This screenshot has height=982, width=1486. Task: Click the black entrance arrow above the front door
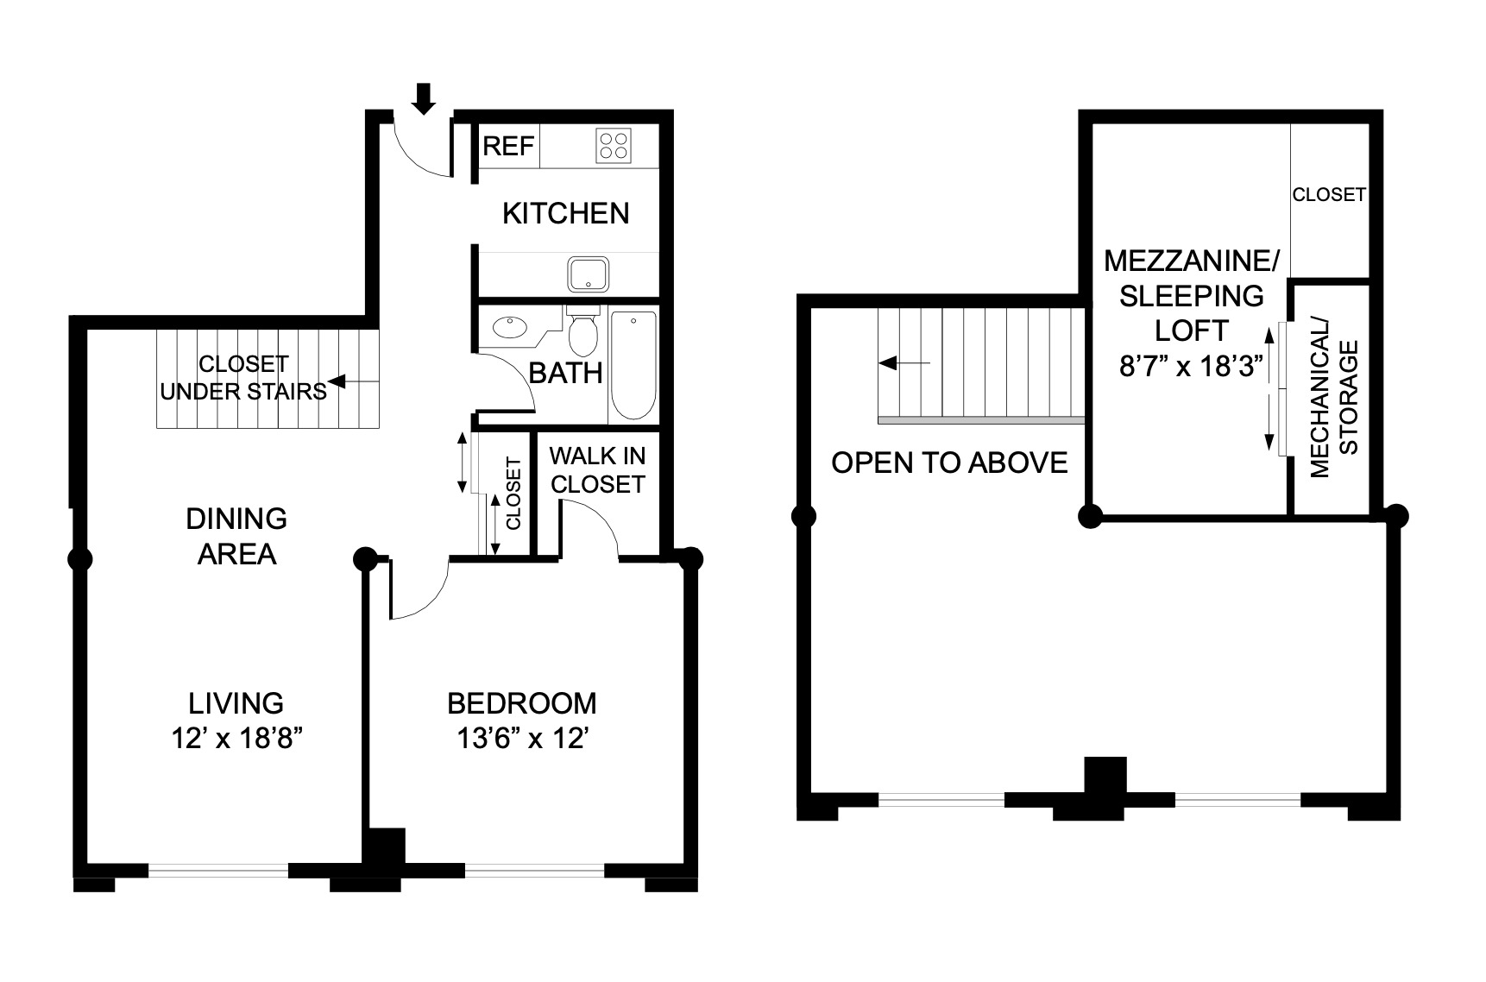point(423,98)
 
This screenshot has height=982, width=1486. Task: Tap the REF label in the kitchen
point(508,146)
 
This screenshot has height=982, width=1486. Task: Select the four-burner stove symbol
point(613,145)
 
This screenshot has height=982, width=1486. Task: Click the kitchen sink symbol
point(589,274)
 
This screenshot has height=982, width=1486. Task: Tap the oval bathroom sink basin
point(509,327)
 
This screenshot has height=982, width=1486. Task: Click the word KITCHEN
point(565,213)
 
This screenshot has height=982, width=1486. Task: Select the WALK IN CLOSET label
point(597,470)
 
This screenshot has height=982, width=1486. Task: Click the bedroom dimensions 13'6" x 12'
point(521,739)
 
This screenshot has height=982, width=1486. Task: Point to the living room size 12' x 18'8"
point(236,739)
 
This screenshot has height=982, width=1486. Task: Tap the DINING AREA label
point(236,536)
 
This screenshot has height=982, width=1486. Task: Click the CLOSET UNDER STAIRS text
point(242,378)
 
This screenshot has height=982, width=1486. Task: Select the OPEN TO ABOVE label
point(949,463)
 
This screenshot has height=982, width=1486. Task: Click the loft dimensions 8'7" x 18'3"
point(1191,367)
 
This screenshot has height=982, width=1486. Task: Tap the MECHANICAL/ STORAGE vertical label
point(1333,397)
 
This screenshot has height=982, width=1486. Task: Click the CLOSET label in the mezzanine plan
point(1328,195)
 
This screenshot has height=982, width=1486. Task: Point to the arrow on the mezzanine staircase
point(903,363)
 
